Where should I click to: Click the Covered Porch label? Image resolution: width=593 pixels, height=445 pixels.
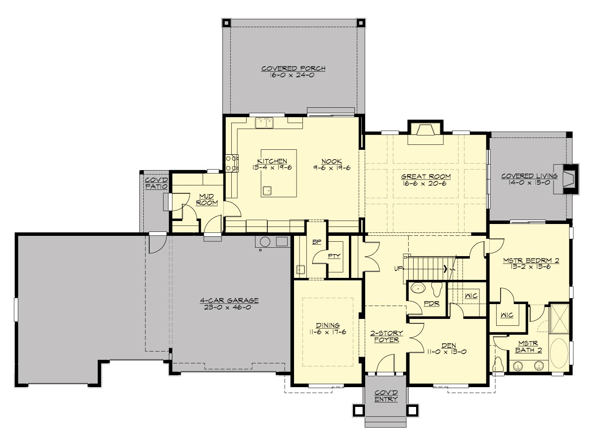[294, 69]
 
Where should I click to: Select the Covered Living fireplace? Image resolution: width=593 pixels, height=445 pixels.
[569, 177]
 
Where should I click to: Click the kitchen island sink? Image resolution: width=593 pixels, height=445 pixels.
[267, 189]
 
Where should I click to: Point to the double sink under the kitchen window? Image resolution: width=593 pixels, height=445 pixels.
[265, 122]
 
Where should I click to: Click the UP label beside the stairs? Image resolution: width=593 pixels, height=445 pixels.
[398, 268]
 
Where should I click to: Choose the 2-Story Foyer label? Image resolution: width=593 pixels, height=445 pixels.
[386, 336]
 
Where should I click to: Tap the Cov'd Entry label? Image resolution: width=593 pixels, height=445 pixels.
[386, 396]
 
